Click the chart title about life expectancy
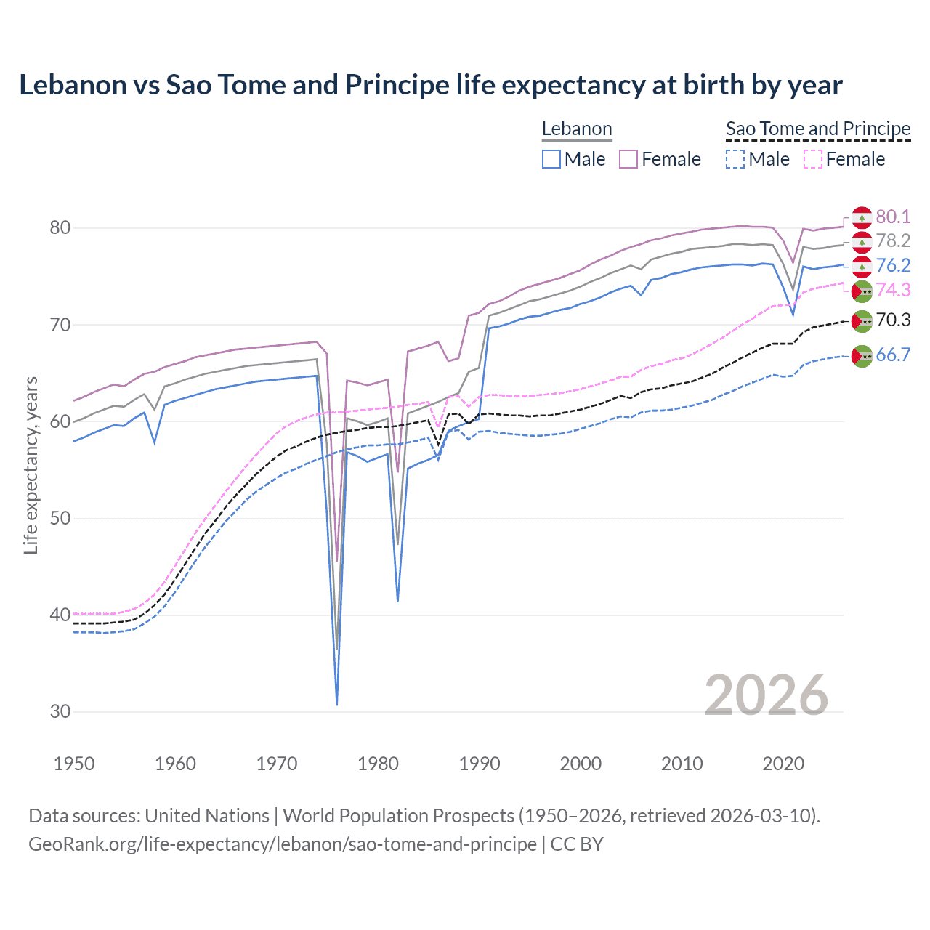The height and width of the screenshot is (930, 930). [x=430, y=85]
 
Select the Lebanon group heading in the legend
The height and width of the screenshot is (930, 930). [x=577, y=129]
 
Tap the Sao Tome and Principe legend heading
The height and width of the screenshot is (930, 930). [x=817, y=129]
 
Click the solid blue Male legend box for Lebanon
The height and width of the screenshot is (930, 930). [x=551, y=159]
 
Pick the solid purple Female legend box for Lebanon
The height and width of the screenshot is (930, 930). [x=628, y=159]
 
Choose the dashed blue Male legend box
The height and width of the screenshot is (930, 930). [x=735, y=159]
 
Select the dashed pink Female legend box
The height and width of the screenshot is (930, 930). [x=812, y=159]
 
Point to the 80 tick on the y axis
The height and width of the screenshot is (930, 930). [x=60, y=228]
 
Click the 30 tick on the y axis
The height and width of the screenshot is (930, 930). [x=60, y=712]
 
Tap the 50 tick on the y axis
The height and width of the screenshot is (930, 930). [x=60, y=519]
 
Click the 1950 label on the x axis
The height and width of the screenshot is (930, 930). [x=74, y=764]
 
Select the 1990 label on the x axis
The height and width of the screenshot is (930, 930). [x=480, y=764]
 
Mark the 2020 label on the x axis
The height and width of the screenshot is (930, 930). [x=783, y=764]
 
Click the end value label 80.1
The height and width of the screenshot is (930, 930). [x=893, y=217]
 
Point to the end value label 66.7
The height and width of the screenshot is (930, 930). [x=893, y=355]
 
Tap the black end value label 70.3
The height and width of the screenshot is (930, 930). [x=893, y=320]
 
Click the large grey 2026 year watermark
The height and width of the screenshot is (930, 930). [x=767, y=696]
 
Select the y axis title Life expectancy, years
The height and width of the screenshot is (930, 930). [x=31, y=465]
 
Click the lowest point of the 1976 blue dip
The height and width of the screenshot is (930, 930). [x=337, y=704]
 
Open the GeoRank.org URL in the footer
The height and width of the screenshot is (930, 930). [x=283, y=844]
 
